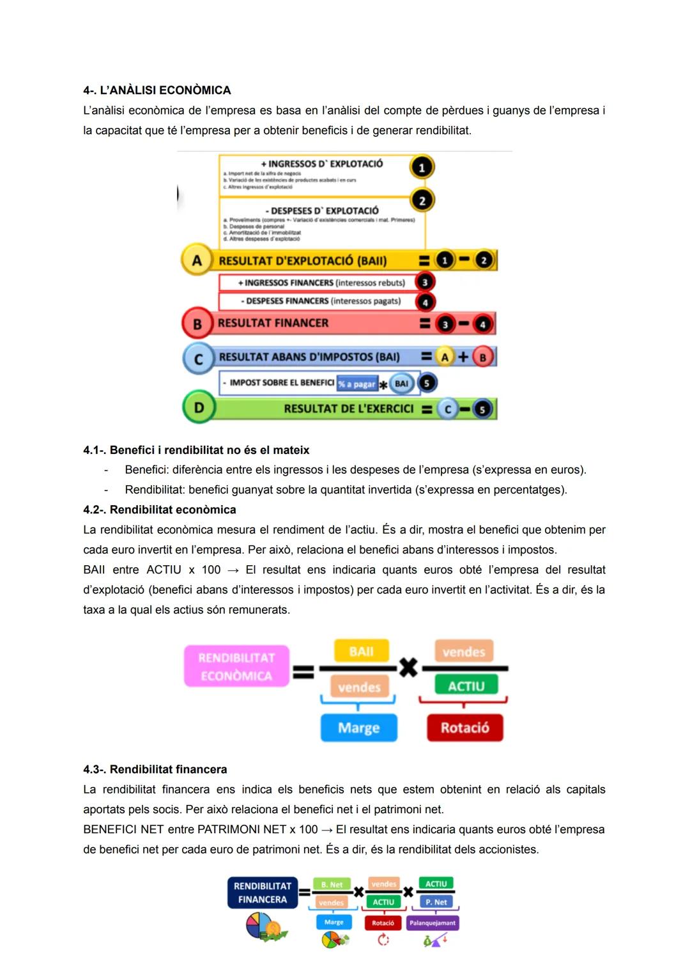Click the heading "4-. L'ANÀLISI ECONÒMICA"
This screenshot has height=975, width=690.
[x=157, y=90]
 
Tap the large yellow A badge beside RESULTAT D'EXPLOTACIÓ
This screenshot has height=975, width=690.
[x=197, y=260]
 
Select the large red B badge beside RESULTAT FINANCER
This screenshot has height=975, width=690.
[x=197, y=324]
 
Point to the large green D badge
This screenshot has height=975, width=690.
[x=199, y=407]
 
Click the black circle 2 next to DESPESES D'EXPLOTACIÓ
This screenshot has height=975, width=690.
[x=422, y=201]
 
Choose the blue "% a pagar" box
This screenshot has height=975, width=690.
[x=357, y=384]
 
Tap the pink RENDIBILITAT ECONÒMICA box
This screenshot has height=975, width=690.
[x=236, y=667]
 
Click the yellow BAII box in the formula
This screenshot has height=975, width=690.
[x=361, y=651]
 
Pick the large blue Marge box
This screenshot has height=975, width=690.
[x=358, y=728]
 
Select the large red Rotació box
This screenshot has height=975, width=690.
[x=464, y=728]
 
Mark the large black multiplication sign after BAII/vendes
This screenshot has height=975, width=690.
[x=408, y=668]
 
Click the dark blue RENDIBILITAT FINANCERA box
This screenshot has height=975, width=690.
[x=262, y=893]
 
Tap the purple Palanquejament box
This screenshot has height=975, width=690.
[x=433, y=923]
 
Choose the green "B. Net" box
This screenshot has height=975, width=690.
[x=332, y=884]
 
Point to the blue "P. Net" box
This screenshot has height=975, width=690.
[x=436, y=902]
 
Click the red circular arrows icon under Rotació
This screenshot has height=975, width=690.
[x=383, y=940]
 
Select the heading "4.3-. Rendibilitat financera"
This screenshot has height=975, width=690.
[x=155, y=769]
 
